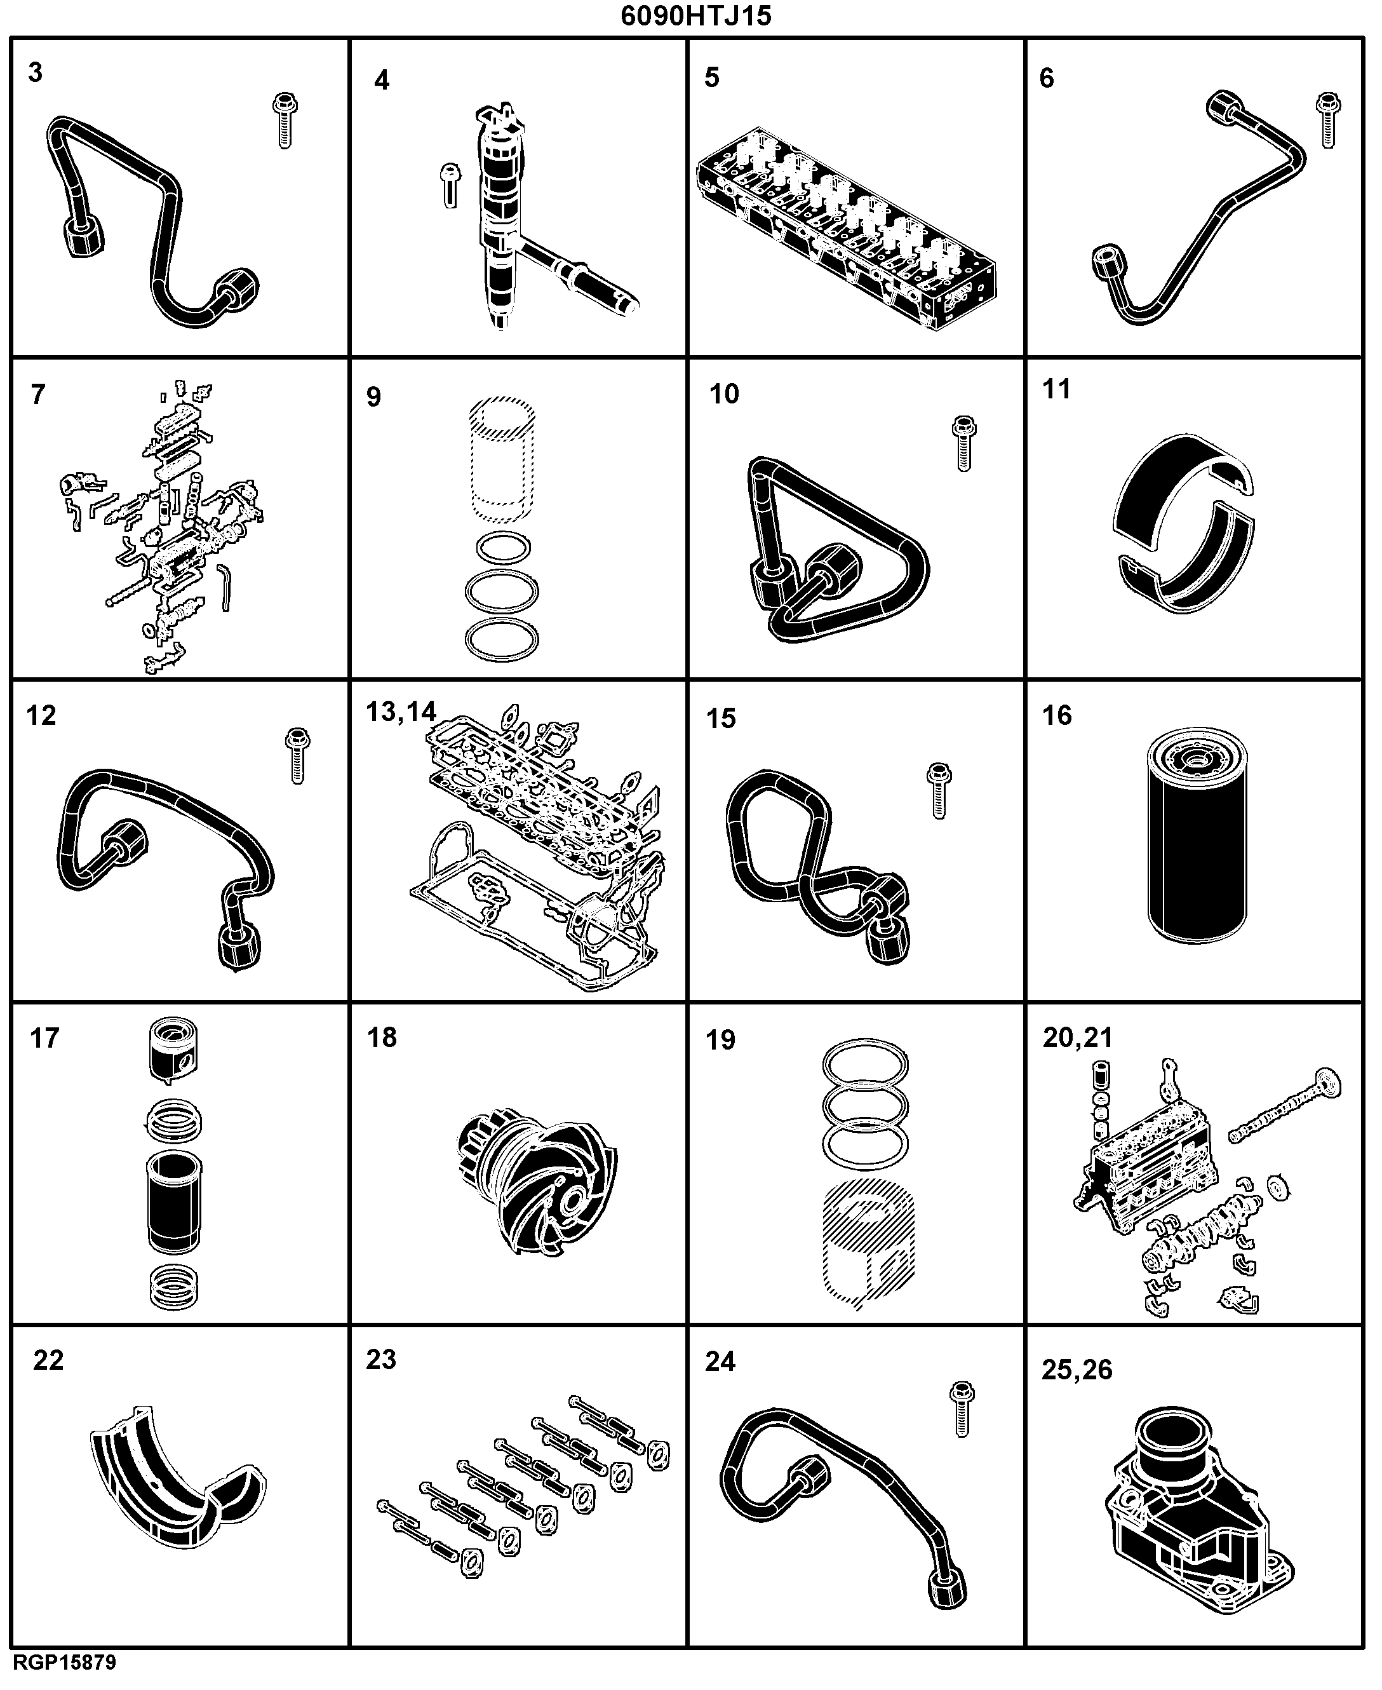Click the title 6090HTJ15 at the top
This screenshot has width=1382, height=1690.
pos(696,16)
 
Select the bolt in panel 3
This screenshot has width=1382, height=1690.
pos(284,120)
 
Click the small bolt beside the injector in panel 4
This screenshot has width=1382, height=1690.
pos(450,186)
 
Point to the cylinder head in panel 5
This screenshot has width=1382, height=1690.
pos(845,227)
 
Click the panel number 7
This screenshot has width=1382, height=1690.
pos(38,394)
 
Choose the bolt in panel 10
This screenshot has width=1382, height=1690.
pos(964,443)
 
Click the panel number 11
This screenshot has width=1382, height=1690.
pos(1057,389)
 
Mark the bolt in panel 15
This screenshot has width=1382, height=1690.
pos(940,791)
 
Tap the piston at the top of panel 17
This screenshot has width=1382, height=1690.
pos(173,1050)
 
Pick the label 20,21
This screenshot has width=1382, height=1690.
pos(1078,1038)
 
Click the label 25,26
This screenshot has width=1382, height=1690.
pos(1077,1369)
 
